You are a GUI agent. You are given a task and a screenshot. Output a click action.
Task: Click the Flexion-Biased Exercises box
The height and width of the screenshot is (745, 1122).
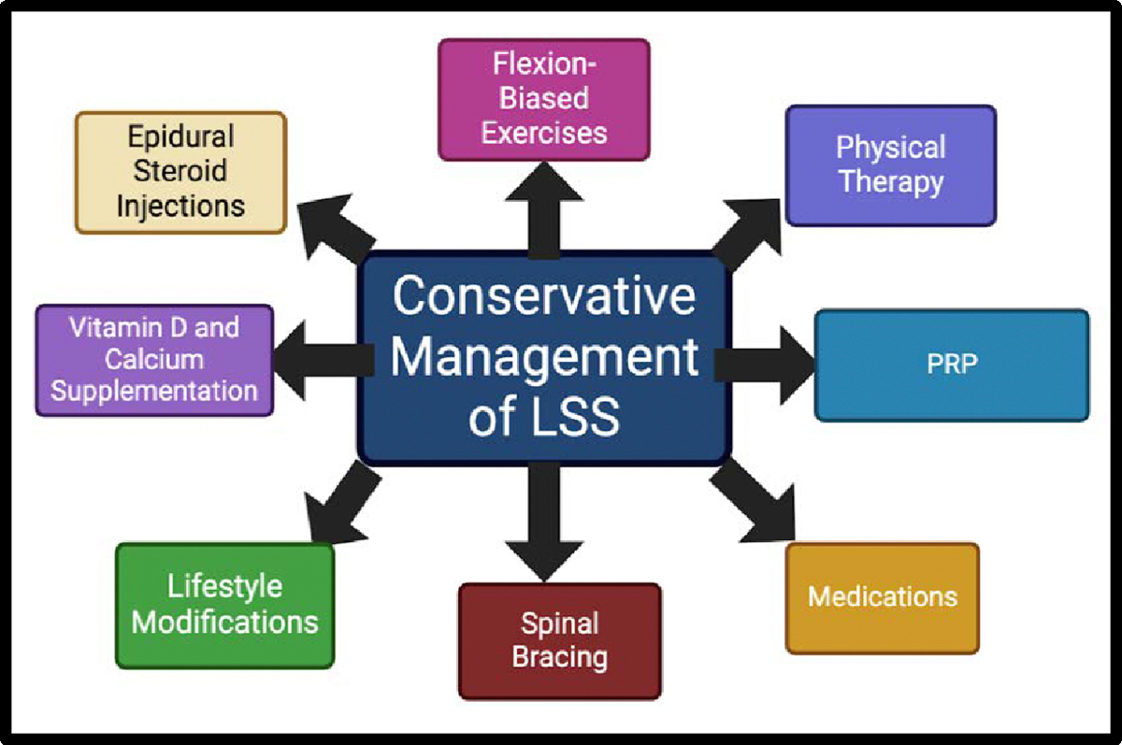pos(543,98)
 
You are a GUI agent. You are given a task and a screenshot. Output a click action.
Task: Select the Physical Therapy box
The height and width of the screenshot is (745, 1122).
pos(890,165)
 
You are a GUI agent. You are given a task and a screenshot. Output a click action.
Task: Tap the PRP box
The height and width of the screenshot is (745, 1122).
pos(951,365)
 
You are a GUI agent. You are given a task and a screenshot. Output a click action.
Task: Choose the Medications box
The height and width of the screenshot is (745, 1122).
pos(882,596)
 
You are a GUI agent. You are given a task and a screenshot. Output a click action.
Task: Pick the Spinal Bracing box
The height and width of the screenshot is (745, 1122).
pos(559,640)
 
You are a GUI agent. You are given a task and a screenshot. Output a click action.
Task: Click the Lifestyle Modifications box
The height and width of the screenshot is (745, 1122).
pos(224,605)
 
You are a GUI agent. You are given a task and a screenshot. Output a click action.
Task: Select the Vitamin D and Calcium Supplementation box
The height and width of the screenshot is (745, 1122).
pos(154,359)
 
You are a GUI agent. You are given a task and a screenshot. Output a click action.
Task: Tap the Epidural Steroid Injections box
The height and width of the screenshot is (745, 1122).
pos(180,172)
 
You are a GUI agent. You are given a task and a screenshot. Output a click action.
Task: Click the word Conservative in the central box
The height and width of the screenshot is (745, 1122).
pos(543,297)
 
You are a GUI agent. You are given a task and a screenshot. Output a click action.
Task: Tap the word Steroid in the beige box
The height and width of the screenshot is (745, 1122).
pos(180,172)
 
